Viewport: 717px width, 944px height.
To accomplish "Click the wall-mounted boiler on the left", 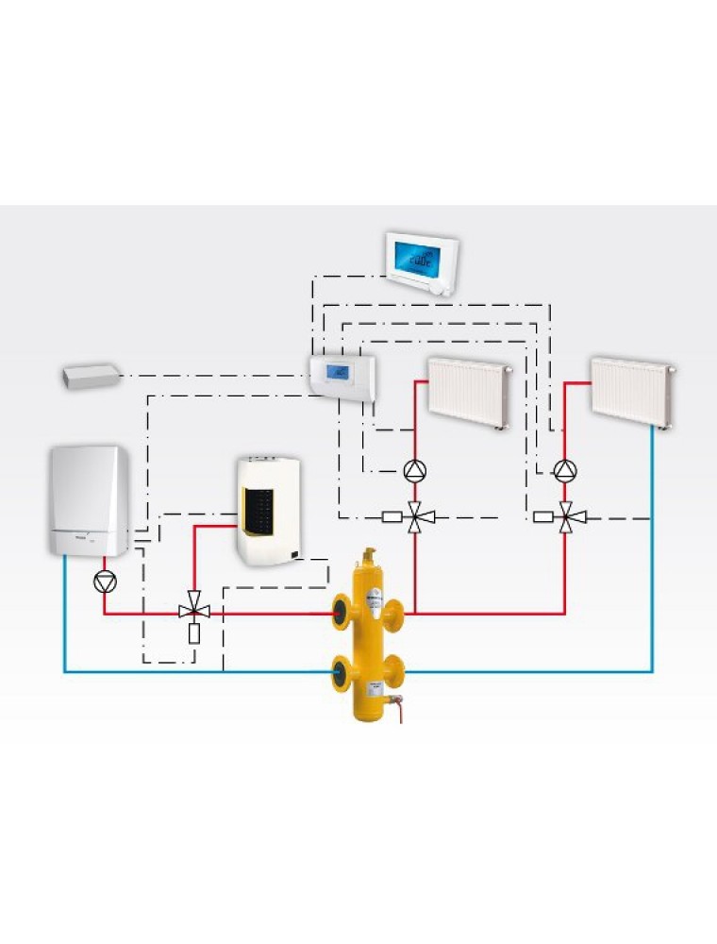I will (x=90, y=500).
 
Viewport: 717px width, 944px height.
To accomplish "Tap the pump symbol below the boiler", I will (x=104, y=581).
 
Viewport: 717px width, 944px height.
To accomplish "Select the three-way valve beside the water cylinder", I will (x=194, y=612).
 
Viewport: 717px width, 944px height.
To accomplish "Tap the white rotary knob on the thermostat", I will (x=442, y=289).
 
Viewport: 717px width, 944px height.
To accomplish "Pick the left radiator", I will (x=469, y=392).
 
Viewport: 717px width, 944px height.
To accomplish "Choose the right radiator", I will (x=631, y=389).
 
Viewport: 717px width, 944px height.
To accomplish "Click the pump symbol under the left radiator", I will (x=415, y=469).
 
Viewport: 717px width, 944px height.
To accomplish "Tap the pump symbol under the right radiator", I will (x=565, y=469).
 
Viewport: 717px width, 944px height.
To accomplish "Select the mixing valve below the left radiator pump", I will (x=415, y=517).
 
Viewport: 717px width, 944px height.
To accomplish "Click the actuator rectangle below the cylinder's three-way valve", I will (x=194, y=633).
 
